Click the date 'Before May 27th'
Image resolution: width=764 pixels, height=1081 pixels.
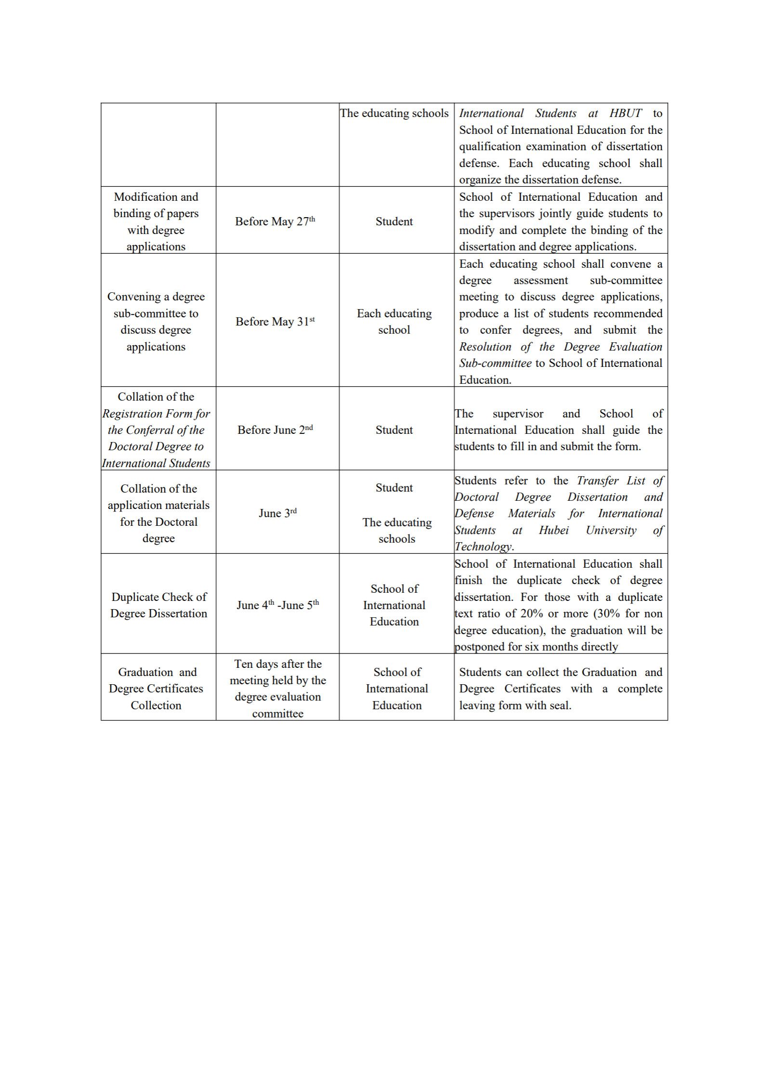pyautogui.click(x=275, y=221)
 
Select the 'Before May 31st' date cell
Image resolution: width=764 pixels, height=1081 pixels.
pyautogui.click(x=275, y=322)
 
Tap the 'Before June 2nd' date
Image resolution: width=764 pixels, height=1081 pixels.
pyautogui.click(x=275, y=430)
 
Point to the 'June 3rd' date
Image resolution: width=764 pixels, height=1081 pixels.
pyautogui.click(x=277, y=513)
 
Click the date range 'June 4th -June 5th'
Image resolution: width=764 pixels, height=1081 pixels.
pyautogui.click(x=277, y=605)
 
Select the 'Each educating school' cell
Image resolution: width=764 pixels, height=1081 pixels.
pyautogui.click(x=394, y=322)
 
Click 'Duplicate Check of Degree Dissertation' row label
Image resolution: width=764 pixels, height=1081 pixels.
pyautogui.click(x=158, y=605)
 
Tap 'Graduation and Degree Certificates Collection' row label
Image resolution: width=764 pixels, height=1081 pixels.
pyautogui.click(x=156, y=689)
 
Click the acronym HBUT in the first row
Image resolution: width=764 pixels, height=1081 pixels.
pyautogui.click(x=625, y=114)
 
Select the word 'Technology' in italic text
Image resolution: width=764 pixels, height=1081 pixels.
pyautogui.click(x=483, y=547)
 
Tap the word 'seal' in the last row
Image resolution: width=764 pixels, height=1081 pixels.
pyautogui.click(x=560, y=706)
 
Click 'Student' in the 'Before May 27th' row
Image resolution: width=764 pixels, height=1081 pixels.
pyautogui.click(x=394, y=221)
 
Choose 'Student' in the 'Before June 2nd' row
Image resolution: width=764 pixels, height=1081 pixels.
pyautogui.click(x=394, y=430)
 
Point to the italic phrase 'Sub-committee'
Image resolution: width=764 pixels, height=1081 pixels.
pyautogui.click(x=495, y=364)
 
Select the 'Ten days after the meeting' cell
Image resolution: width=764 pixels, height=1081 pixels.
pyautogui.click(x=277, y=689)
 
